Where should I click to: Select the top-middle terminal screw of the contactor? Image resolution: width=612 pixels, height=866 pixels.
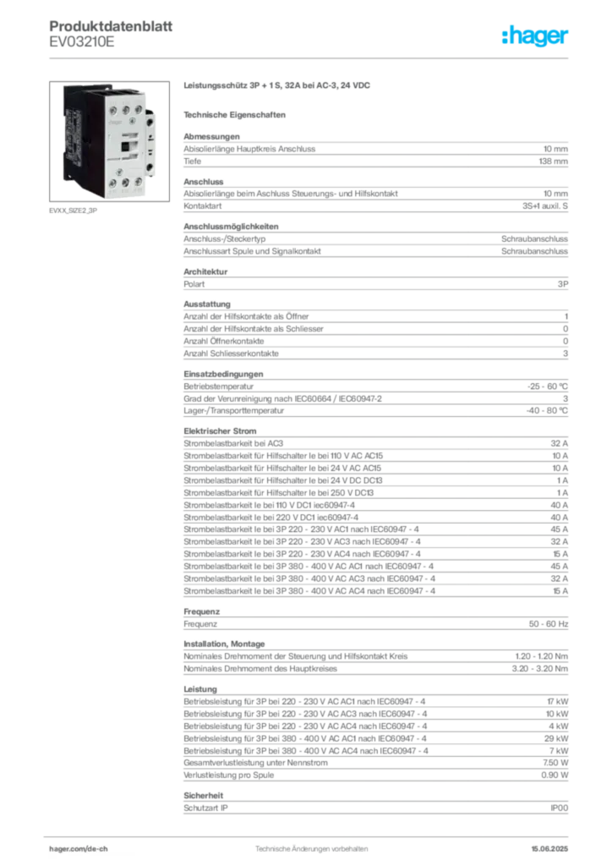pyautogui.click(x=123, y=109)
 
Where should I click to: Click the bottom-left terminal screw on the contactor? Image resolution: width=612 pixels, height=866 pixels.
pyautogui.click(x=111, y=181)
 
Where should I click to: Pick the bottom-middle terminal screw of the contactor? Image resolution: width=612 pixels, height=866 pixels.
pyautogui.click(x=124, y=181)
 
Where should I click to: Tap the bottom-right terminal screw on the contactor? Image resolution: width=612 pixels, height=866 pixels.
pyautogui.click(x=138, y=181)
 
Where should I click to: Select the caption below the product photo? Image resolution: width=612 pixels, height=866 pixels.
pyautogui.click(x=74, y=211)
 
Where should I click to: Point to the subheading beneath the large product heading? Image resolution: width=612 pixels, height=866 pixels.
pyautogui.click(x=237, y=114)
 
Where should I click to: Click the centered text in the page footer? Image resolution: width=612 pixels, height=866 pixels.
pyautogui.click(x=308, y=843)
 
